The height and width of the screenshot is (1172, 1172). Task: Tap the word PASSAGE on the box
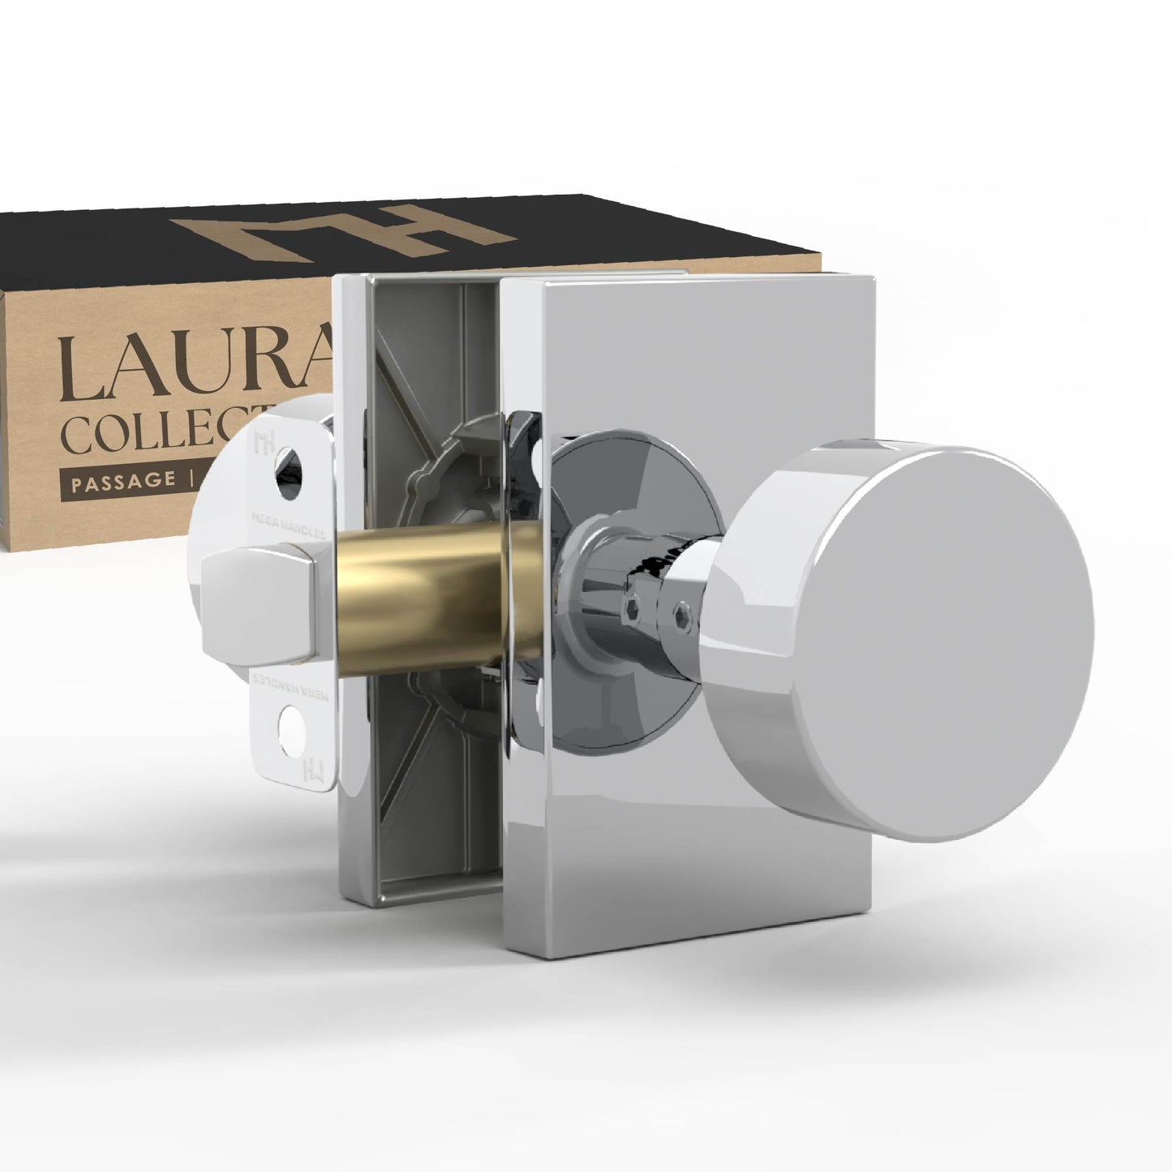pyautogui.click(x=122, y=480)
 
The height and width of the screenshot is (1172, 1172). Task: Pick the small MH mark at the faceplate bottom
pyautogui.click(x=309, y=767)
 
